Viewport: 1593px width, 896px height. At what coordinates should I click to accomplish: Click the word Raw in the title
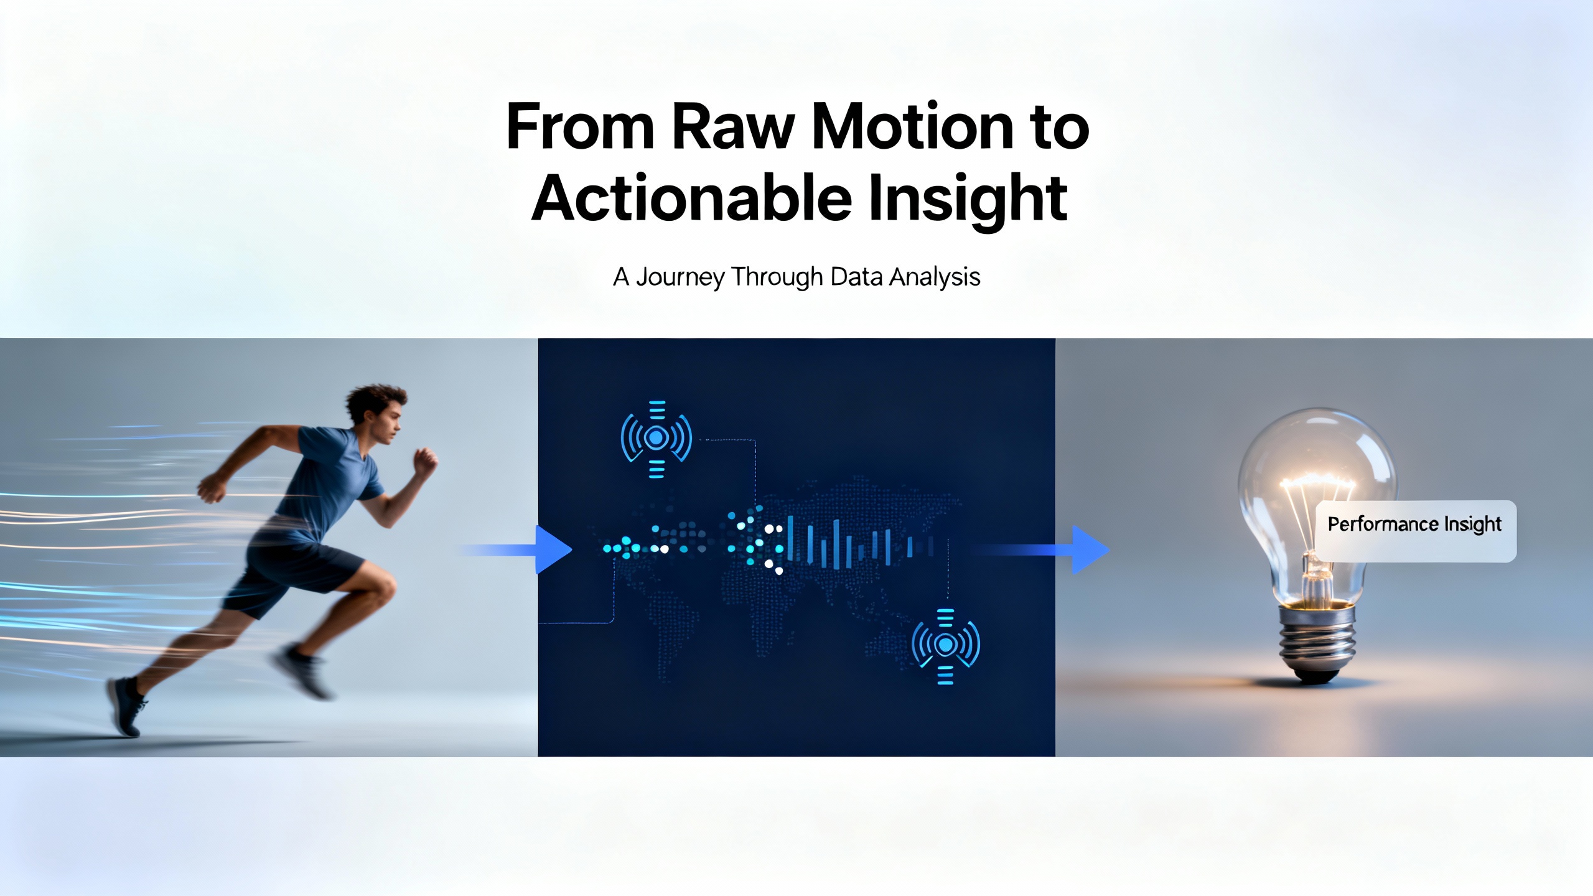733,126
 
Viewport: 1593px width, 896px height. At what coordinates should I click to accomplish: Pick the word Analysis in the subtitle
935,277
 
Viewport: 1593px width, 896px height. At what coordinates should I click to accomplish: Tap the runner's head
375,414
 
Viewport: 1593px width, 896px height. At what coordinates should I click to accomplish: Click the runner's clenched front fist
426,464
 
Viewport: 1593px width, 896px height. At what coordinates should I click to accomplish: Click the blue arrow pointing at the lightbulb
1039,549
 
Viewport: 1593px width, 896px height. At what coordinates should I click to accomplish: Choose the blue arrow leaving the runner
516,549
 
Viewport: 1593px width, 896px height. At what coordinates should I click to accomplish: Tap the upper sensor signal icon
656,439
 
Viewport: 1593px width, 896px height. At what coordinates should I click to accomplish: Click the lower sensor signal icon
945,646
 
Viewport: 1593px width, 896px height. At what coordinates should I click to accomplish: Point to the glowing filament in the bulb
1317,483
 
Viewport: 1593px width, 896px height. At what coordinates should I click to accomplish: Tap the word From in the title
580,126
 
